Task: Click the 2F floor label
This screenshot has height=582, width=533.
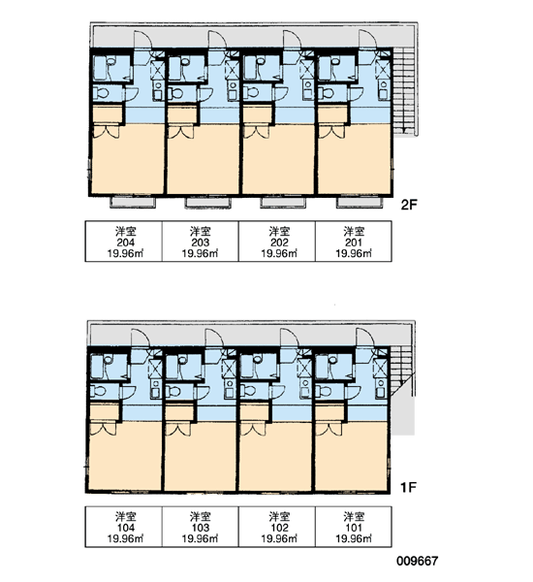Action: click(x=409, y=205)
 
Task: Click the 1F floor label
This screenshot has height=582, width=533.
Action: click(x=408, y=487)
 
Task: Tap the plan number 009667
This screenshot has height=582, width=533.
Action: click(x=418, y=561)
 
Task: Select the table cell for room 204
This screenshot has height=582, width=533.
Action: click(x=124, y=242)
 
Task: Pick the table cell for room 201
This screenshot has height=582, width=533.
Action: click(x=354, y=242)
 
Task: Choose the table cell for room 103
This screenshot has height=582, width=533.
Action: click(x=201, y=527)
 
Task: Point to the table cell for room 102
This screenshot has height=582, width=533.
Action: click(x=277, y=527)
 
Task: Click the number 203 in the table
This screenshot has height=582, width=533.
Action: click(x=201, y=242)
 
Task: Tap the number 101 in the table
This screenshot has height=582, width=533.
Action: click(x=354, y=528)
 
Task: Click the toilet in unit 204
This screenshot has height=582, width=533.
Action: click(x=101, y=93)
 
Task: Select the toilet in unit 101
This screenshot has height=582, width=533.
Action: click(x=323, y=391)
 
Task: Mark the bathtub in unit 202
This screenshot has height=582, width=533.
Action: click(x=251, y=68)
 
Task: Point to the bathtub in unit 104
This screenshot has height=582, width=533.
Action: click(x=99, y=366)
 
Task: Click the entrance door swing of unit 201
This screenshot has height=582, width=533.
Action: click(x=367, y=40)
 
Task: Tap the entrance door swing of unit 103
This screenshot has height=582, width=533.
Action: click(x=213, y=339)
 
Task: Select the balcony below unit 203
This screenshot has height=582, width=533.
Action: click(x=207, y=203)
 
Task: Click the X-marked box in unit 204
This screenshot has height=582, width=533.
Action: click(x=157, y=69)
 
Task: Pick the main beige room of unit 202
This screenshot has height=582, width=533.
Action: click(x=278, y=160)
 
